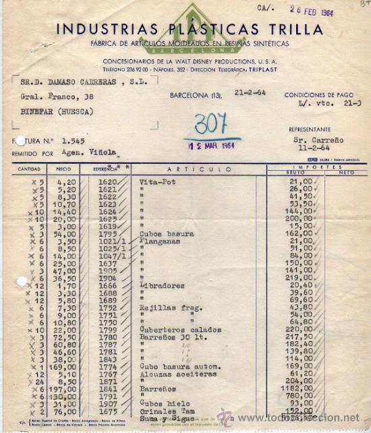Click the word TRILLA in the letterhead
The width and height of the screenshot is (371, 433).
pos(293,30)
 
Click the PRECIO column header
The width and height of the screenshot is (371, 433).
pos(63,169)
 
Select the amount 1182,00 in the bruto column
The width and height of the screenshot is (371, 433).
pos(299,389)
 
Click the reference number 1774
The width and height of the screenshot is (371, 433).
pos(107,366)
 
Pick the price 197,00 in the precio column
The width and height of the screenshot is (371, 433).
pos(62,389)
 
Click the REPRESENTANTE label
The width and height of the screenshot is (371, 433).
pos(310,129)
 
